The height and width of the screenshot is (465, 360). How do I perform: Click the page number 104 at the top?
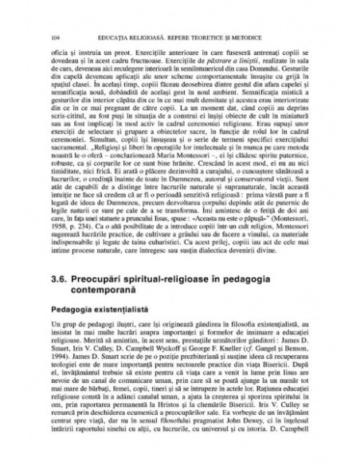click(x=54, y=37)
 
